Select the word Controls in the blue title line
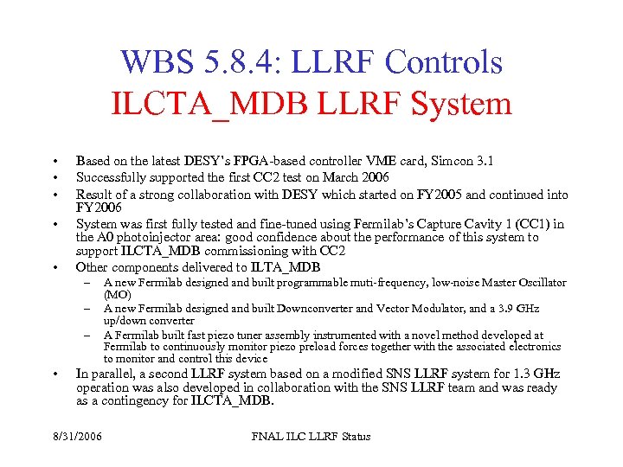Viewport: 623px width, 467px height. point(444,62)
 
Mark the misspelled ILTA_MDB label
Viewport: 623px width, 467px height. point(285,267)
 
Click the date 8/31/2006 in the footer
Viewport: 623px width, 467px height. point(77,437)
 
